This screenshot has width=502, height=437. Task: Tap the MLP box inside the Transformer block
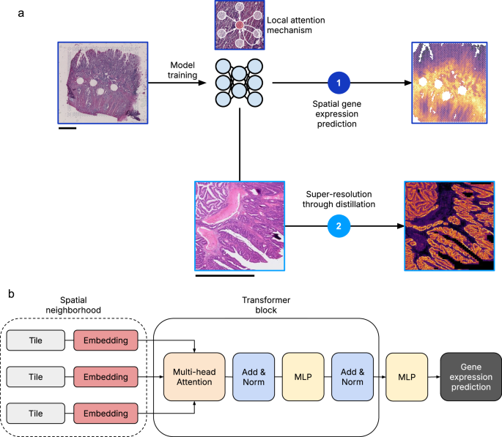(301, 377)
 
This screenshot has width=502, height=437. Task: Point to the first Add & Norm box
(252, 377)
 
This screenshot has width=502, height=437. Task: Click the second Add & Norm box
(351, 377)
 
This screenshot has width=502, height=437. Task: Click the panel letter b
(11, 293)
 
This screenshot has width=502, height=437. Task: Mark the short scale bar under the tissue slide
(66, 130)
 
